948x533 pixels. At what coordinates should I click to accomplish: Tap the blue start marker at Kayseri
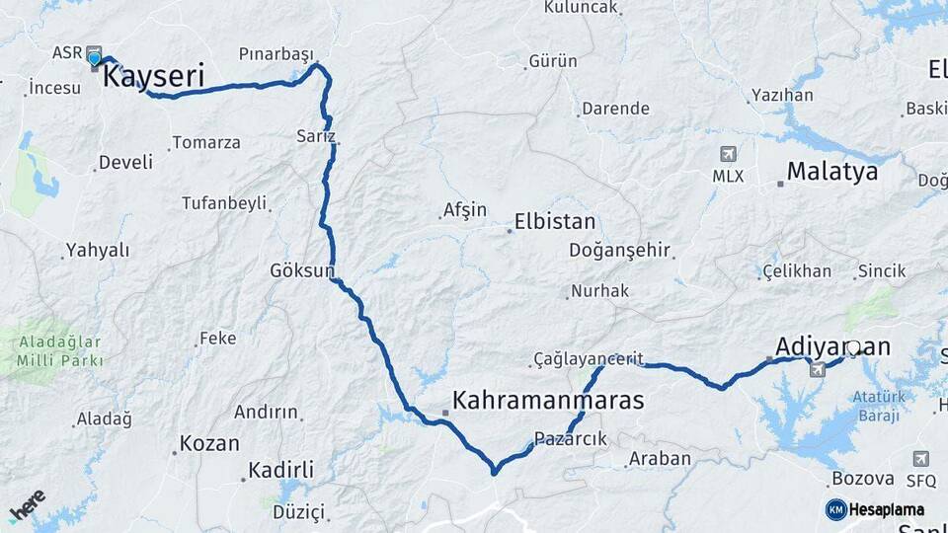[x=95, y=58]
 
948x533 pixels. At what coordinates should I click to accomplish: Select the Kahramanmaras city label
[x=547, y=401]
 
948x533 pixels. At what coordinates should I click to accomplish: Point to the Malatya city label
[x=832, y=172]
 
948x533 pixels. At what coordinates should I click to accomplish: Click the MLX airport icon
[x=728, y=155]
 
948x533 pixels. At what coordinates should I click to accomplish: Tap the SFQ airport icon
[x=920, y=459]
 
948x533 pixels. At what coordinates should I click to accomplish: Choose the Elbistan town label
[x=554, y=222]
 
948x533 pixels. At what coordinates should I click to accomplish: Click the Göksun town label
[x=302, y=270]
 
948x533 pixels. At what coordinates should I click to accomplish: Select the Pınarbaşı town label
[x=276, y=53]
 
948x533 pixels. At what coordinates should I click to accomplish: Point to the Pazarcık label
[x=571, y=438]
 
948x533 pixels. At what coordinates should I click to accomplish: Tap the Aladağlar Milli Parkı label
[x=59, y=351]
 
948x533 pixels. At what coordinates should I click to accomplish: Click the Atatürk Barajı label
[x=878, y=406]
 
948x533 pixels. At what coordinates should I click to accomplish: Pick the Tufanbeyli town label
[x=224, y=203]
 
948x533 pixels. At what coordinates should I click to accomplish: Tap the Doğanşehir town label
[x=619, y=251]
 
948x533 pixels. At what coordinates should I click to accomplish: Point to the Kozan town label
[x=209, y=443]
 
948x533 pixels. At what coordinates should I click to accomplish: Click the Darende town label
[x=615, y=109]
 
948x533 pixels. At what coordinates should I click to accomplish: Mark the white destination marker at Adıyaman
[x=853, y=348]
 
